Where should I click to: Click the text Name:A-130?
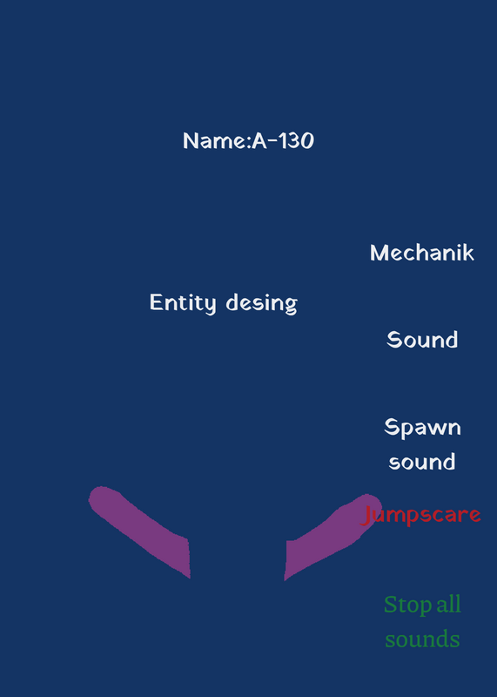pos(248,140)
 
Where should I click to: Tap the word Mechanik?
pos(422,253)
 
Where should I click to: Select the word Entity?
pos(183,303)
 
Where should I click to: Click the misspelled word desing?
pos(262,303)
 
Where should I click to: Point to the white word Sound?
pos(422,340)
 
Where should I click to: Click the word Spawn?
pos(422,428)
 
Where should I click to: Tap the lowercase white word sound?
pos(422,462)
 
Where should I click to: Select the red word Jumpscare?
pos(421,516)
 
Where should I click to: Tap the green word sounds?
pos(422,639)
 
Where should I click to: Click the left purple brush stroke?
pos(141,531)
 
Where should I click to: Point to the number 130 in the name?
pos(296,140)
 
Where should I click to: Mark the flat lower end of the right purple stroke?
pos(285,560)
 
